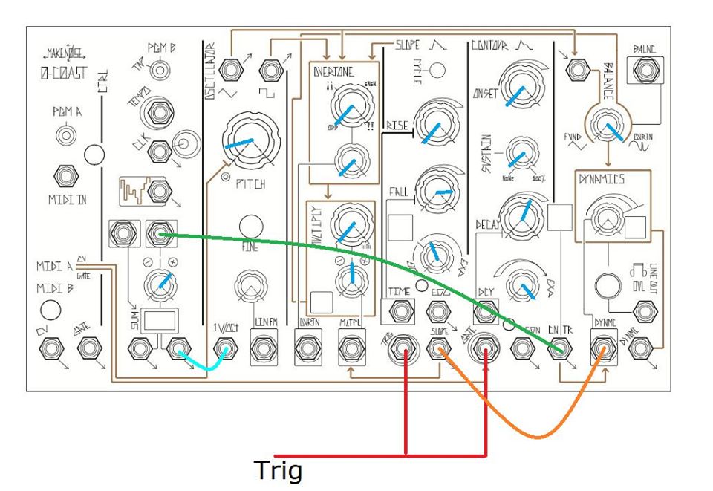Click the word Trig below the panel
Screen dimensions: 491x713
coord(279,470)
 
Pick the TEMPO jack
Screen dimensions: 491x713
coord(158,113)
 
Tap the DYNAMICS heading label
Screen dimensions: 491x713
coord(602,179)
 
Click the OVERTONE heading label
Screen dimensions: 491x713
coord(333,72)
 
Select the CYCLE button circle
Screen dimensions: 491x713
coord(438,71)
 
